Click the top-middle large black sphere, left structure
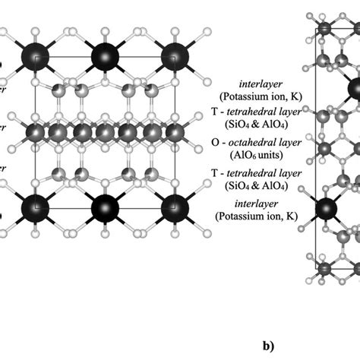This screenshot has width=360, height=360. point(106,57)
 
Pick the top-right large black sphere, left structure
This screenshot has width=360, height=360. point(175,57)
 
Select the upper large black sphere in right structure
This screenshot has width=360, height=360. point(353,86)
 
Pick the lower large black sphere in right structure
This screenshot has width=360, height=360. point(327,210)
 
